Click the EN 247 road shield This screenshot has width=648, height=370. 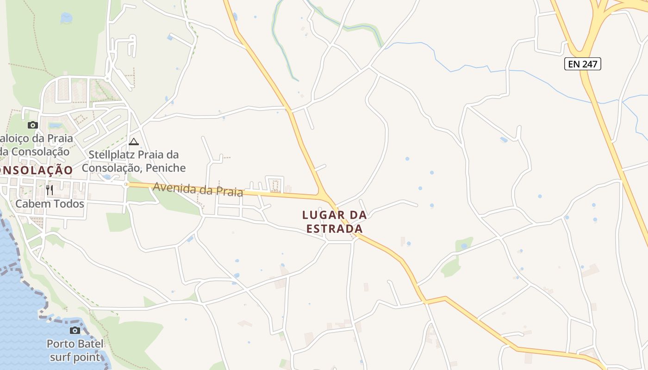click(x=582, y=64)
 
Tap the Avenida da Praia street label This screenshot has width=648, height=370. click(x=198, y=189)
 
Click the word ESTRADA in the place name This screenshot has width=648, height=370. click(x=334, y=229)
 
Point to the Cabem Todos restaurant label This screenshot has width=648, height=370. click(x=50, y=203)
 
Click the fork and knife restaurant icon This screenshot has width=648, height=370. click(x=50, y=190)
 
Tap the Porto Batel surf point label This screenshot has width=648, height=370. click(x=75, y=351)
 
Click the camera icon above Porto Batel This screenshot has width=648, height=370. click(x=75, y=330)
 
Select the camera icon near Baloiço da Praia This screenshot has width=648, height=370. click(x=32, y=125)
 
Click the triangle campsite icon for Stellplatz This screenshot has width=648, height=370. click(x=134, y=142)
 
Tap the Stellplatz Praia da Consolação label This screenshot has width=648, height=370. click(x=133, y=161)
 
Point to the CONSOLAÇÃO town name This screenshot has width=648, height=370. click(x=36, y=170)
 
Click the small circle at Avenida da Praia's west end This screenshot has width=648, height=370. click(x=126, y=185)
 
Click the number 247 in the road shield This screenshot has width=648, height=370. click(x=589, y=64)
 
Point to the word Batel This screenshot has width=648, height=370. click(x=91, y=344)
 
